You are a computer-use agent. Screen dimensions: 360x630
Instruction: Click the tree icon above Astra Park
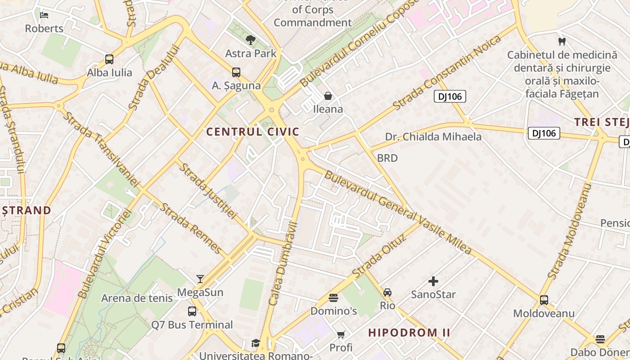click(251, 40)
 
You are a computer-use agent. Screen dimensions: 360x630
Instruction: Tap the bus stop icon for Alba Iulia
click(109, 59)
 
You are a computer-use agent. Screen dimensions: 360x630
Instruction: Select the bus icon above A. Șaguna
click(236, 72)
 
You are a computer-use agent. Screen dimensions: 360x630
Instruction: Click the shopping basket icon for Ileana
click(328, 96)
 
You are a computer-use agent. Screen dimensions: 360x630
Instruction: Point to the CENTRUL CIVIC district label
click(252, 132)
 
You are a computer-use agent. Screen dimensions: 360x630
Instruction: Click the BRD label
click(387, 158)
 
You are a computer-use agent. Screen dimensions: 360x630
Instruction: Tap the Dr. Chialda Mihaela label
click(433, 137)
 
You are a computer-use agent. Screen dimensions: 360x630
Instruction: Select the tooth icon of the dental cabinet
click(562, 42)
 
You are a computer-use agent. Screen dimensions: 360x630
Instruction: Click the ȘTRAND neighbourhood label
click(26, 210)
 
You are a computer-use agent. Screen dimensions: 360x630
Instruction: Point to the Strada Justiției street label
click(207, 190)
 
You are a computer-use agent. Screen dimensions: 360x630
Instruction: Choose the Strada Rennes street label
click(191, 229)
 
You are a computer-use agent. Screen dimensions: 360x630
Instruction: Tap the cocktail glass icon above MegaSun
click(200, 279)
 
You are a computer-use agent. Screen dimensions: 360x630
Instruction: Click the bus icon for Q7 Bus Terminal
click(192, 311)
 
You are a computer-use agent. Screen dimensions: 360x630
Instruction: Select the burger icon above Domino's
click(333, 297)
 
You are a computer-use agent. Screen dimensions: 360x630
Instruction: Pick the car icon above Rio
click(387, 292)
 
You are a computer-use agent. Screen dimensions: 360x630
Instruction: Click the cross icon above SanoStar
click(433, 281)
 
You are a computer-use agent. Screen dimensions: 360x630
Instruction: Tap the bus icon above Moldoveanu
click(544, 300)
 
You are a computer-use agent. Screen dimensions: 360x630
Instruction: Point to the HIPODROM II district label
click(409, 333)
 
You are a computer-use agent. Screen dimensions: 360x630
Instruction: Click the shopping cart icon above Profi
click(341, 334)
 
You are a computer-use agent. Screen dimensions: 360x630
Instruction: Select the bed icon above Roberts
click(44, 15)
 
